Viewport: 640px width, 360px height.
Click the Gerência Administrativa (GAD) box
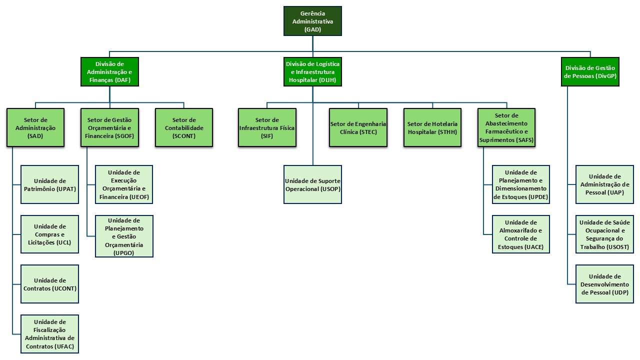click(312, 21)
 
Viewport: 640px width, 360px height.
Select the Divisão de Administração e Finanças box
click(109, 71)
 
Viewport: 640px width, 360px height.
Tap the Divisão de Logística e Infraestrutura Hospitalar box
click(312, 71)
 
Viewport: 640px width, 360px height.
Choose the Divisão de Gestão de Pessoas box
click(590, 71)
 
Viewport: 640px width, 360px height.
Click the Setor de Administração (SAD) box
click(35, 127)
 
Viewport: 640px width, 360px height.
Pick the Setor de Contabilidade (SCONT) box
click(184, 127)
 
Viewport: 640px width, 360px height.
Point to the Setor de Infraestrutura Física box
click(267, 127)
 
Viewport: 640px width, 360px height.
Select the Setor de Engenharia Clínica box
click(358, 127)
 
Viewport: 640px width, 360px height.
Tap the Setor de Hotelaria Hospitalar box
click(432, 127)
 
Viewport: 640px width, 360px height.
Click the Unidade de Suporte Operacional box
click(312, 184)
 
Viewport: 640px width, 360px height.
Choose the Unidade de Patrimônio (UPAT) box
click(50, 184)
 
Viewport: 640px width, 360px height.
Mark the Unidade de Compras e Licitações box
click(50, 234)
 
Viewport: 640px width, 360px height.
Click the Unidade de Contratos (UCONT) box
click(50, 284)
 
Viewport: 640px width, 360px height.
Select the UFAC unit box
click(50, 334)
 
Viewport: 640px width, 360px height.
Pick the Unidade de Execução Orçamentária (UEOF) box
click(124, 184)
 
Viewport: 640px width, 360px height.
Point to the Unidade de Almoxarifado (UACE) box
click(521, 234)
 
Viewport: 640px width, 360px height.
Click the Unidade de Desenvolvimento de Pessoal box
click(604, 284)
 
